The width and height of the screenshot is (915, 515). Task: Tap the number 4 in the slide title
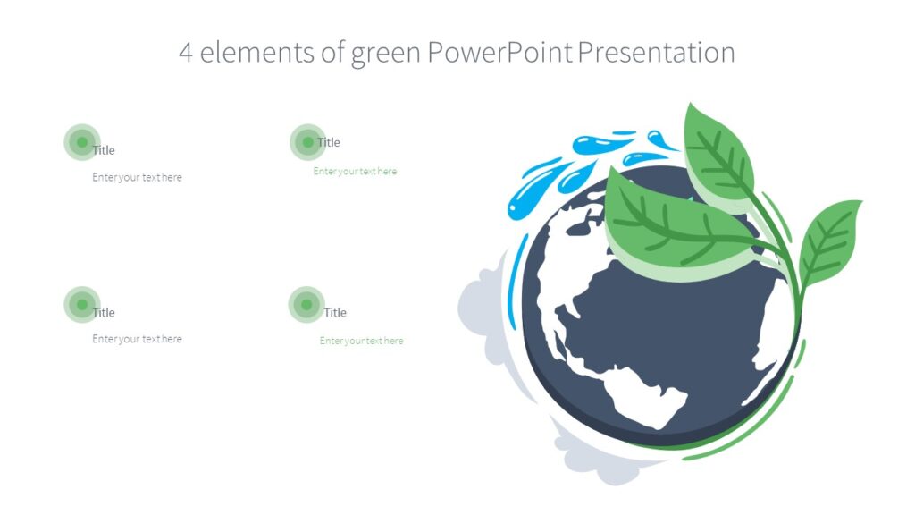point(186,52)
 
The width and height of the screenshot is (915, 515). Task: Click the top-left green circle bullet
point(81,142)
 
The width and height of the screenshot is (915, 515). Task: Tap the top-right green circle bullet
point(307,141)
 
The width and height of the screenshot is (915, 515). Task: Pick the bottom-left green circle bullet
point(81,305)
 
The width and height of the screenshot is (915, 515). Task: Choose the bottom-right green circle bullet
point(306,305)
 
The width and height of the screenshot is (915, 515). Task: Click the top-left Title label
point(104,150)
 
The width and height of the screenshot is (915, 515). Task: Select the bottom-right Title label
point(335,312)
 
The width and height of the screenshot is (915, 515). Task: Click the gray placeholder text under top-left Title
point(137,177)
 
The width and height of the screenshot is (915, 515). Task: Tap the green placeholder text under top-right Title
point(355,172)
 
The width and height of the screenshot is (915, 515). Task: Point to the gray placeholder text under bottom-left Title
point(137,339)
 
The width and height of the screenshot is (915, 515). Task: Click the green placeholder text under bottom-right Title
point(361,341)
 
